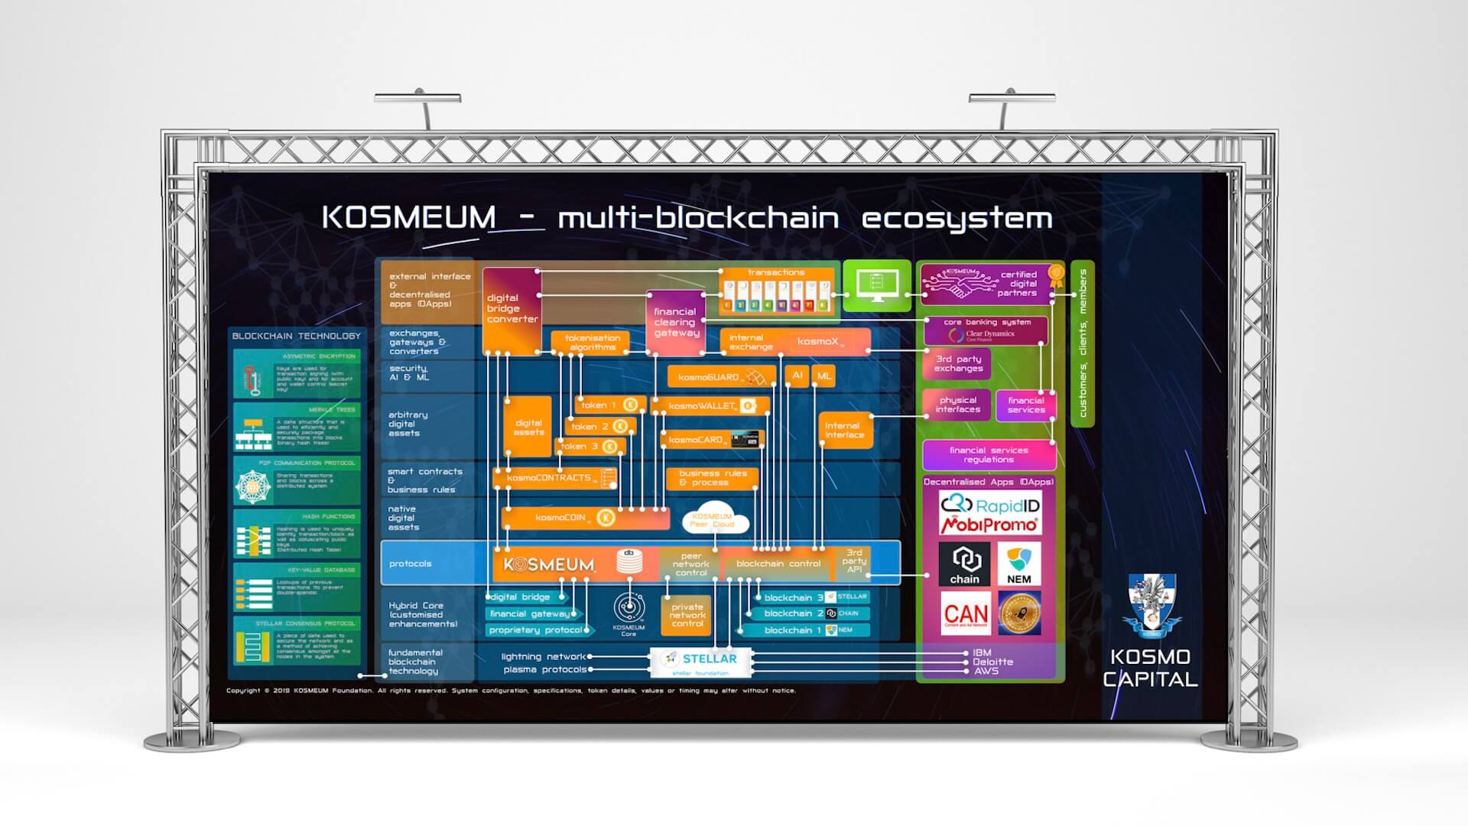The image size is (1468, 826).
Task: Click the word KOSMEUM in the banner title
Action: [408, 217]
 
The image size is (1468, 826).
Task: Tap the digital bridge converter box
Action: [512, 310]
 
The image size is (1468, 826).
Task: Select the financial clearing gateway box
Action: [676, 323]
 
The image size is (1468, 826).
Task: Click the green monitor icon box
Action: [876, 285]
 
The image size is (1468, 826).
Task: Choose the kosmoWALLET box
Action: [710, 406]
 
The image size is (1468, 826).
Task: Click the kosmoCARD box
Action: [711, 440]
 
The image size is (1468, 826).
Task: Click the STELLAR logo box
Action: [700, 662]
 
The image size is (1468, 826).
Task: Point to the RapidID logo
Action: [989, 504]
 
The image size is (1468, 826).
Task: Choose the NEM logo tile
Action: [1018, 564]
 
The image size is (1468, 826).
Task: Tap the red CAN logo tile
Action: [966, 613]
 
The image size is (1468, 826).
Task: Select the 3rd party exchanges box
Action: [958, 364]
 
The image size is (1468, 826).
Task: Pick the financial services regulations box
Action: [989, 455]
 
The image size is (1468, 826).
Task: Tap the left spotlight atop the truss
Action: [417, 99]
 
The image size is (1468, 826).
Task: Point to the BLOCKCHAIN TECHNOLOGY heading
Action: [296, 336]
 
